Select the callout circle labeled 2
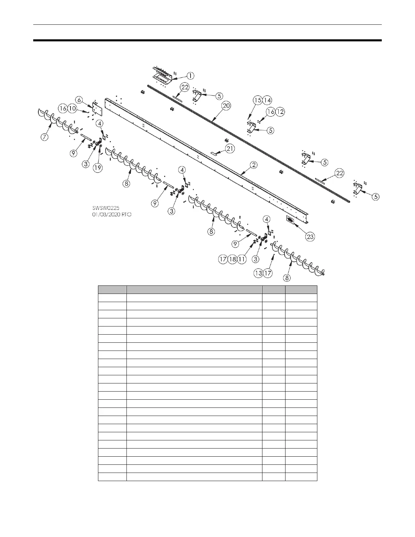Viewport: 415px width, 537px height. click(253, 165)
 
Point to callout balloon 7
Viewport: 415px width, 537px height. click(44, 137)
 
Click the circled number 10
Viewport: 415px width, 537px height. click(72, 108)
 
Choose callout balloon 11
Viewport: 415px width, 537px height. click(241, 259)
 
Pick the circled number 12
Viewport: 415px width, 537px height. click(280, 112)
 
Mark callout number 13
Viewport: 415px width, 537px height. click(259, 273)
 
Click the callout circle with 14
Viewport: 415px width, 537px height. click(268, 100)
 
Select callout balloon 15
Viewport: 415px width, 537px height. click(258, 100)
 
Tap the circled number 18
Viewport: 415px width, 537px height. click(232, 259)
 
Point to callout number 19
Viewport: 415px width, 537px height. click(98, 167)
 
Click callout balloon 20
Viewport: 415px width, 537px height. click(226, 106)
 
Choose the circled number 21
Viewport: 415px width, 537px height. click(230, 148)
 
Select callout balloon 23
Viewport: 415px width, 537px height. click(310, 237)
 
